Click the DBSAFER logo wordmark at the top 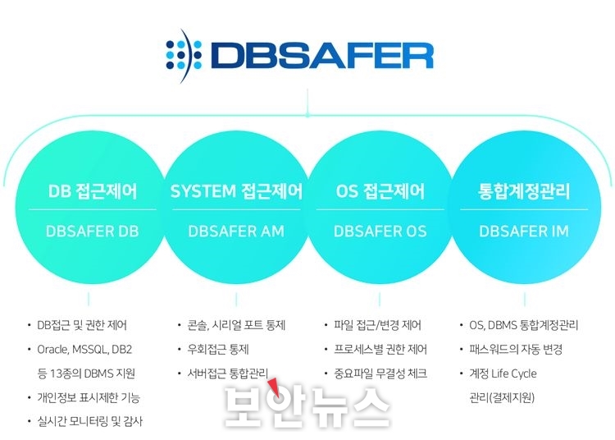point(321,55)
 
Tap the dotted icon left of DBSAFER point(184,55)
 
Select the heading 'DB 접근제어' point(93,191)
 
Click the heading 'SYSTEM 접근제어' point(236,191)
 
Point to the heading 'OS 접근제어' point(380,191)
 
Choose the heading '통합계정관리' point(524,191)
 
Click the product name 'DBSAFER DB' point(93,231)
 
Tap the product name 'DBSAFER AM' point(236,231)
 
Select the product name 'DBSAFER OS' point(380,231)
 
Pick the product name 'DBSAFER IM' point(524,231)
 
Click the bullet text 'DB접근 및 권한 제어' point(82,325)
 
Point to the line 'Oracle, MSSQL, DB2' point(84,350)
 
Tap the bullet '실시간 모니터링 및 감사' point(90,422)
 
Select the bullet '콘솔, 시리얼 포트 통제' point(236,325)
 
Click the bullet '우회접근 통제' point(218,350)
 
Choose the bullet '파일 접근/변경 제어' point(377,325)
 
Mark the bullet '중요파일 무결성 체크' point(380,374)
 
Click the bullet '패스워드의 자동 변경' point(516,350)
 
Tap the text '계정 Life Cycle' point(503,374)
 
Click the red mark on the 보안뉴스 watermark point(275,387)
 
